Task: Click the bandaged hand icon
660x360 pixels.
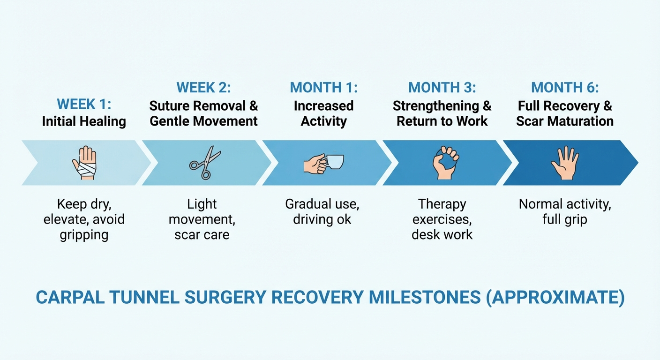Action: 84,163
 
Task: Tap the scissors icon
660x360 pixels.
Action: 205,163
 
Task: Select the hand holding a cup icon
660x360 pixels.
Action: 323,163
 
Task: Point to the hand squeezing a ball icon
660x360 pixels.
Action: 444,163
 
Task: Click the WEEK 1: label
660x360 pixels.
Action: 84,104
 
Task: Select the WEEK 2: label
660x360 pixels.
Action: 203,88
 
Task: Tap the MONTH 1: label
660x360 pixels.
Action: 323,88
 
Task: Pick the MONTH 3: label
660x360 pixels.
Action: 442,88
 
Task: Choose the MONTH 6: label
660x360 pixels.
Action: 565,88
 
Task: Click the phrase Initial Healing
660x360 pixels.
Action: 84,121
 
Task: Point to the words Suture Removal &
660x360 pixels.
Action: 203,106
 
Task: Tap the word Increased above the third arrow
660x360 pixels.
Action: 323,106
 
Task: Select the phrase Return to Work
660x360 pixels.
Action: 442,121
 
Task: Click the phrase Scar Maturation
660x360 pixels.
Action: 565,121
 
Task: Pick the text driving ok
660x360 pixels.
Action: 322,219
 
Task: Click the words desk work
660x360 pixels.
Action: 442,234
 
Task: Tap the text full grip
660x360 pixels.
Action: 565,219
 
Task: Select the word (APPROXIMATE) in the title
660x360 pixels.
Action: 555,298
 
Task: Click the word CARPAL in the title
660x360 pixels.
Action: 67,298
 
